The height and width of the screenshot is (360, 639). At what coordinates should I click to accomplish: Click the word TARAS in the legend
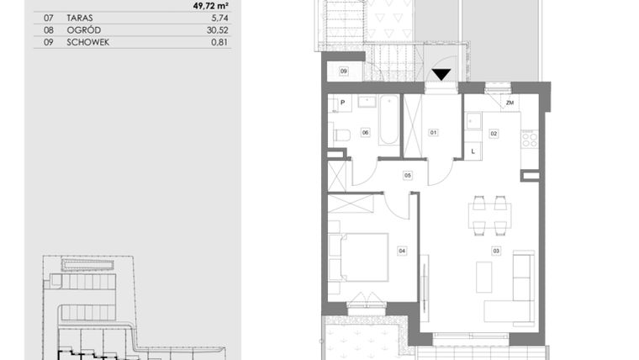(80, 17)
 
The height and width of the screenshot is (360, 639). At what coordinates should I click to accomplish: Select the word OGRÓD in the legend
(82, 29)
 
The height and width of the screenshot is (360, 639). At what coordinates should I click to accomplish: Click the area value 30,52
(218, 29)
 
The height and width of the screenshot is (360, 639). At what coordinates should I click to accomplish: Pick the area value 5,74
(221, 17)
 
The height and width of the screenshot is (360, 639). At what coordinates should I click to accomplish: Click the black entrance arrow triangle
(441, 75)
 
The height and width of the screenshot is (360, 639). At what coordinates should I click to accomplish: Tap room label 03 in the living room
(496, 250)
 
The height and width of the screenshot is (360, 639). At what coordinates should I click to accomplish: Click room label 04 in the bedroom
(402, 250)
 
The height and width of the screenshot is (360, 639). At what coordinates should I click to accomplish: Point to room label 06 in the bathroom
(366, 132)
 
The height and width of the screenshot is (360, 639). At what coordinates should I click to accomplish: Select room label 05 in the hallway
(408, 175)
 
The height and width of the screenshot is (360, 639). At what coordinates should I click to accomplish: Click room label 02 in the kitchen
(494, 133)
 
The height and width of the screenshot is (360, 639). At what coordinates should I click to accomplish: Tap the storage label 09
(344, 71)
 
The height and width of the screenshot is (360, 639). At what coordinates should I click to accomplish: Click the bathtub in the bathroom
(388, 122)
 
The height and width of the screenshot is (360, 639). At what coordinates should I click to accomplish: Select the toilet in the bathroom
(341, 134)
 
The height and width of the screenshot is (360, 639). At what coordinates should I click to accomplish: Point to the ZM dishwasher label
(510, 103)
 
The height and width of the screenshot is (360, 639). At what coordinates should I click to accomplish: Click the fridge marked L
(474, 151)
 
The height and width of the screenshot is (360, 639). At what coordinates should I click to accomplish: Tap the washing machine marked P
(341, 104)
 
